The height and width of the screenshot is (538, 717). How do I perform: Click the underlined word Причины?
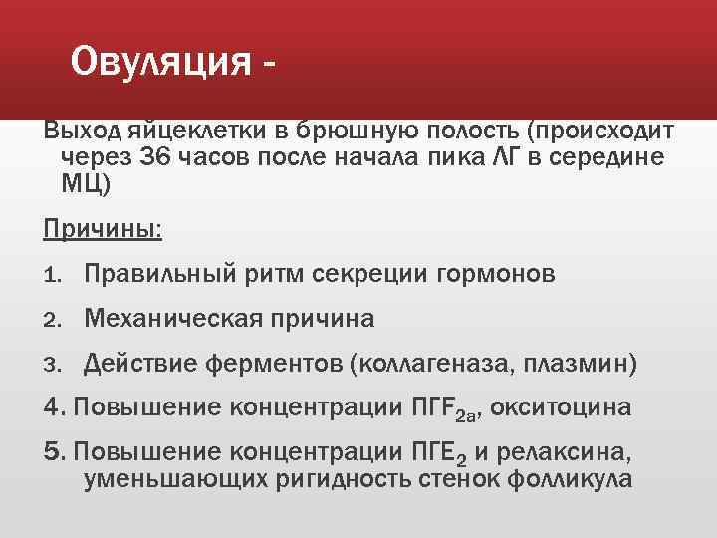click(103, 229)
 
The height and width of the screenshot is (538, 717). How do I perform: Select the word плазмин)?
click(581, 365)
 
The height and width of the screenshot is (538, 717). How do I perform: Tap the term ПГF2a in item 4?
click(419, 409)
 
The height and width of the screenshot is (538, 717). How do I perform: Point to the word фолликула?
click(570, 479)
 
